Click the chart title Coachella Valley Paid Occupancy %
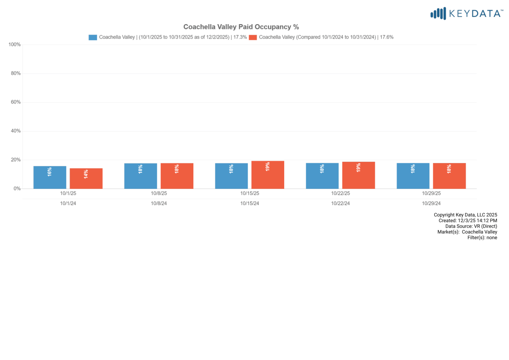coord(241,27)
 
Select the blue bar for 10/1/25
coord(50,177)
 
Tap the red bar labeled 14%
coord(86,178)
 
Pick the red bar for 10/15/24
coord(268,174)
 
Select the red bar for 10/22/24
coord(358,175)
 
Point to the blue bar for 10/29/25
coord(413,176)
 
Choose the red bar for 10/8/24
coord(177,176)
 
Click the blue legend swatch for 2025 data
coord(93,37)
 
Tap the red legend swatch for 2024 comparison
coord(253,37)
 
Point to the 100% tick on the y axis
coord(15,45)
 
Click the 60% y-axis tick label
coord(16,102)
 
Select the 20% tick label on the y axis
coord(16,160)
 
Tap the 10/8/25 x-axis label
coord(159,193)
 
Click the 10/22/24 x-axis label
coord(340,203)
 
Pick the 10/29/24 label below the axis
coord(431,203)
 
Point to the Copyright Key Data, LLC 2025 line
coord(465,215)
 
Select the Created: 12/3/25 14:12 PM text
coord(468,221)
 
